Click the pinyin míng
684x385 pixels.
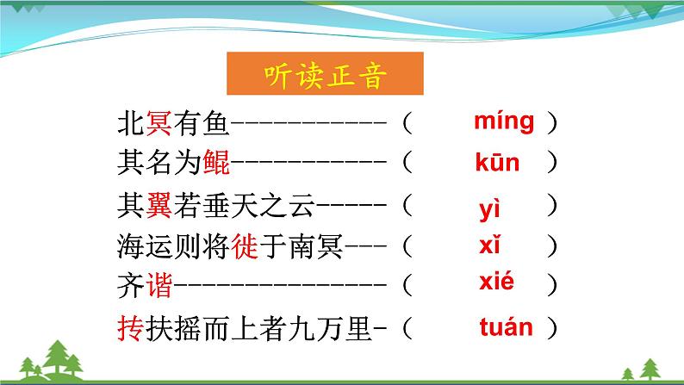(504, 121)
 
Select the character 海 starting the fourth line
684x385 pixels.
(131, 248)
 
